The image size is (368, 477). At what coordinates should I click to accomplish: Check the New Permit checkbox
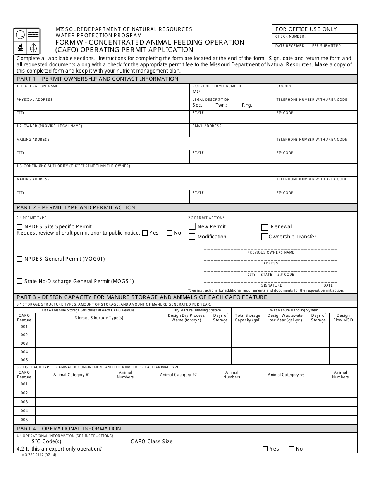point(192,226)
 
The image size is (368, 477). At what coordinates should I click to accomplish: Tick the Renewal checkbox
point(265,227)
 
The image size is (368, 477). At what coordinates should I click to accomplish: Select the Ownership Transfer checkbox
point(265,237)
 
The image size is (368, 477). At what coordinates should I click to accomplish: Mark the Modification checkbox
point(192,237)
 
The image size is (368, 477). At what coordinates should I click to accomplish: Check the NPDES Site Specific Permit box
point(20,227)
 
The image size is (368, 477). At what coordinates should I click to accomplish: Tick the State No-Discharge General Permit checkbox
point(20,281)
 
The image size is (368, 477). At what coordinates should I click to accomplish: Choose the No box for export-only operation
point(291,449)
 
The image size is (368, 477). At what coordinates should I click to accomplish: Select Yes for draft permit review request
point(145,233)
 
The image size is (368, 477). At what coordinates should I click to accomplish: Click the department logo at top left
point(27,41)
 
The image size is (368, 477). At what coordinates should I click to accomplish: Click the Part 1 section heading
point(97,79)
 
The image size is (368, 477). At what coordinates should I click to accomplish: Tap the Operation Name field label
point(37,86)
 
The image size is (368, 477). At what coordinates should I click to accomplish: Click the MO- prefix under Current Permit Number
point(197,92)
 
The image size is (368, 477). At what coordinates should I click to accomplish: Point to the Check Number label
point(290,36)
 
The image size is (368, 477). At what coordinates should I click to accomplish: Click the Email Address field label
point(207,126)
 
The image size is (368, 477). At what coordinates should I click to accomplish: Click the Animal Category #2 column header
point(178,375)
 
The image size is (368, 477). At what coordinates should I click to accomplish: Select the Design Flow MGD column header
point(343,318)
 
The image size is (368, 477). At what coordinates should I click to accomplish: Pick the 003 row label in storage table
point(24,343)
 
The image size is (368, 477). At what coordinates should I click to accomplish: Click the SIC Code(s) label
point(46,441)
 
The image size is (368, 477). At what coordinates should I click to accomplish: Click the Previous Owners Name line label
point(271,252)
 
